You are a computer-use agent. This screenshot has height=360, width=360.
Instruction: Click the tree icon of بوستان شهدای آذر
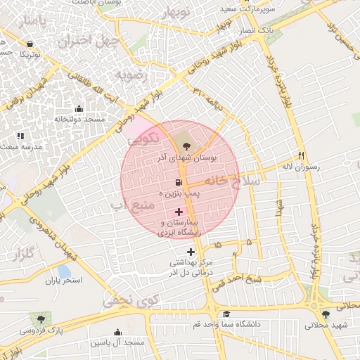[x=186, y=146]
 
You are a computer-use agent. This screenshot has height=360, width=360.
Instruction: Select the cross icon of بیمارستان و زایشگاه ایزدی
[x=179, y=211]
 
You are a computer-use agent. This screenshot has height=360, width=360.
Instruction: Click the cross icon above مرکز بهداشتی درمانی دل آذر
[x=191, y=252]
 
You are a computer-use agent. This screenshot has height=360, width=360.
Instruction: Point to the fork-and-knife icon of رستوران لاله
[x=302, y=155]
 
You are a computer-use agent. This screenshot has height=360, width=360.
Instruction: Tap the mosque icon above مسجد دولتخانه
[x=78, y=109]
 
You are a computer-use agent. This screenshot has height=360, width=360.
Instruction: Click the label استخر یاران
[x=64, y=280]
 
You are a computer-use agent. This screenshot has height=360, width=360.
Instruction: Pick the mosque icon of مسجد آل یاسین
[x=117, y=332]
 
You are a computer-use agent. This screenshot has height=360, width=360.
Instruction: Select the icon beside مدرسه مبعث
[x=20, y=135]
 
